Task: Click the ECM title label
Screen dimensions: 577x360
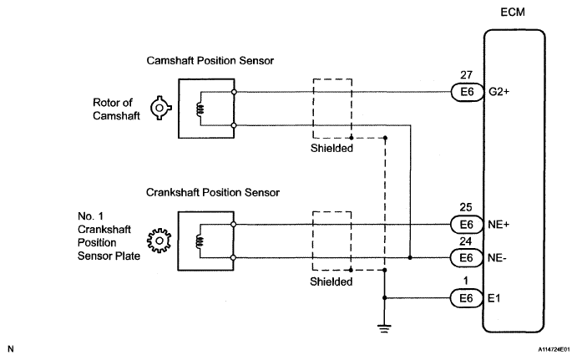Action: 513,13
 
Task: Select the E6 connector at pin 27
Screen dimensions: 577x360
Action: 467,92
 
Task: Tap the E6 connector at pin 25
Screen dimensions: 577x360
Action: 466,225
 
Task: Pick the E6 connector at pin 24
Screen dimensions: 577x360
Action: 466,257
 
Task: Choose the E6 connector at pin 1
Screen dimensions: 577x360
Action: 466,298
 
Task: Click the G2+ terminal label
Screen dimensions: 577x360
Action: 499,91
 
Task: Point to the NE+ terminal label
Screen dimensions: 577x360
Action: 499,224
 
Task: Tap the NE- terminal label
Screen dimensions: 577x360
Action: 497,257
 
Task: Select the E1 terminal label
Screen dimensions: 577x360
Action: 493,298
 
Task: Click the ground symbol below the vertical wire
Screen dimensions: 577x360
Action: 384,328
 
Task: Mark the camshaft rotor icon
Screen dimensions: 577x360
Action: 159,108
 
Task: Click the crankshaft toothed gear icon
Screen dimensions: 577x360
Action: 159,241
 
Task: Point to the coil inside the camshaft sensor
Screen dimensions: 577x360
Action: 200,109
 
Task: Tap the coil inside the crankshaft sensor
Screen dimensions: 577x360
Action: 200,242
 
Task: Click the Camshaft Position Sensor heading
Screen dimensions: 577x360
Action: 210,61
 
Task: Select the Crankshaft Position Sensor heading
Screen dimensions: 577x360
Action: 213,192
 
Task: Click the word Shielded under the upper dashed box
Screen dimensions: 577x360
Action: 332,149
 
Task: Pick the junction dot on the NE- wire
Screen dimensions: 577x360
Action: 410,257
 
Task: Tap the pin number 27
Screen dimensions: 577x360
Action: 466,75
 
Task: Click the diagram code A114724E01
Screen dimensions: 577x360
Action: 556,349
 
